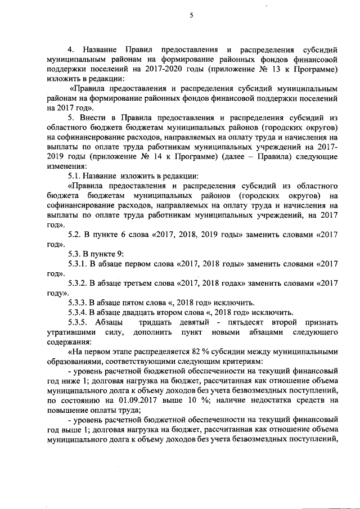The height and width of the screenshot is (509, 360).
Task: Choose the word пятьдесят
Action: (x=259, y=323)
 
